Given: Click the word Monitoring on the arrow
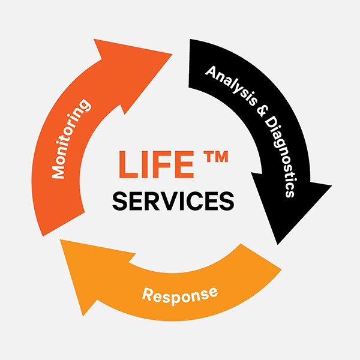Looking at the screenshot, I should point(71,139).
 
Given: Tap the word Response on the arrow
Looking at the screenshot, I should point(179,294).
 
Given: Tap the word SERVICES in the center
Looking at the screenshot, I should point(173,201).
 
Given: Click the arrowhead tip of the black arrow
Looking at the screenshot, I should point(278,241).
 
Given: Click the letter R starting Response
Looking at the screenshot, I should point(148,295).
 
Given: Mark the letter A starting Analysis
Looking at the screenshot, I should point(210,71).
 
